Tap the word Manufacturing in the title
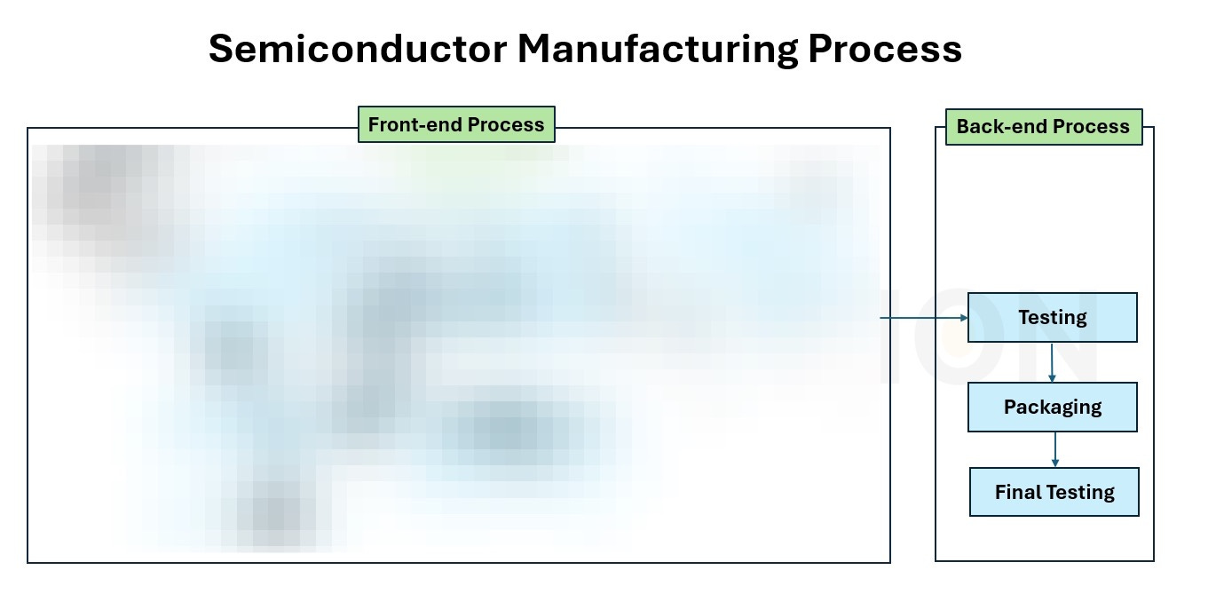point(657,50)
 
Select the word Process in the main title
point(885,50)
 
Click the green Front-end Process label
point(456,125)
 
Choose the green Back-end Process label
point(1043,127)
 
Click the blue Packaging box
point(1052,408)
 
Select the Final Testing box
point(1054,492)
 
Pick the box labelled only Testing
point(1052,318)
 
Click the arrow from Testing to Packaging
point(1052,361)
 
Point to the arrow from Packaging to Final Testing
point(1054,449)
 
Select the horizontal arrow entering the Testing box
point(923,317)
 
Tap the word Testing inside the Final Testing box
point(1078,492)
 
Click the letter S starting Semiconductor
point(219,50)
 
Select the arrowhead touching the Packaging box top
point(1052,378)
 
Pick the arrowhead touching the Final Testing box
point(1054,463)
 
